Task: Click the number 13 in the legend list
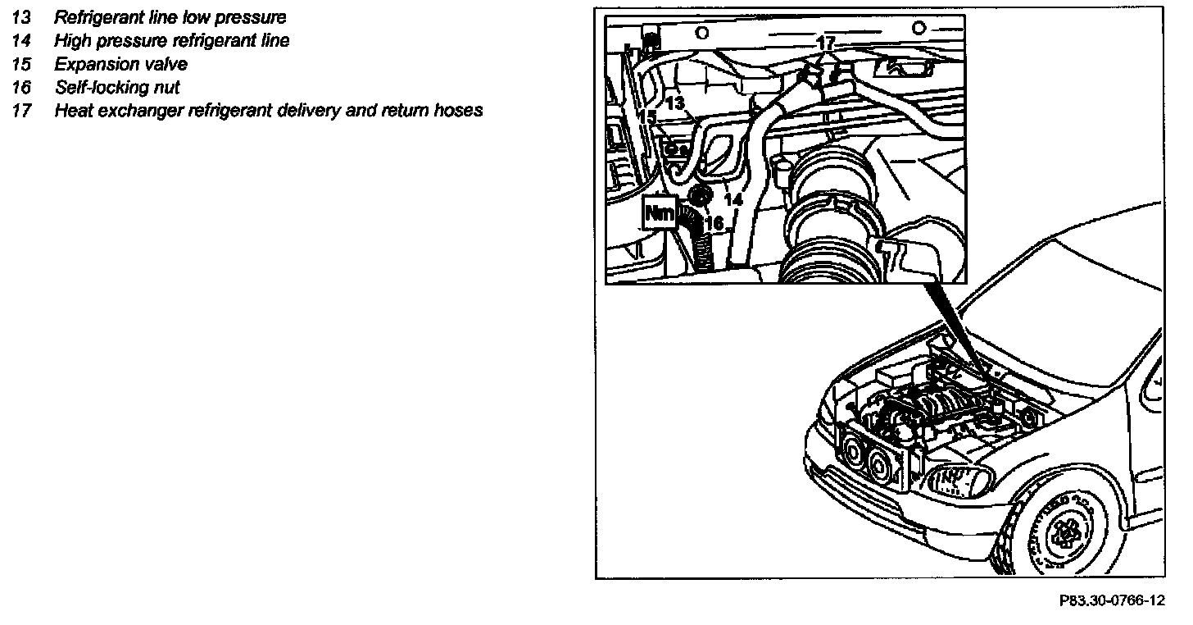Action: (20, 18)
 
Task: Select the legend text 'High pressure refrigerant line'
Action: (171, 41)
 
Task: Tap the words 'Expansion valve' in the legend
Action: (120, 64)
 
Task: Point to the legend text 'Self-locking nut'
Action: (117, 87)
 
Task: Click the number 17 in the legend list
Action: (20, 110)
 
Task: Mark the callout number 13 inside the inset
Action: (674, 104)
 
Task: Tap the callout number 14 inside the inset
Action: (733, 199)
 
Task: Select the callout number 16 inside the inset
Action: (714, 223)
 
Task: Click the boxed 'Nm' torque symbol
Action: (660, 212)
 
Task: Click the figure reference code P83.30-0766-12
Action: (1111, 601)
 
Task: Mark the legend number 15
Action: (20, 64)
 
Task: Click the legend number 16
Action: (20, 87)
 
